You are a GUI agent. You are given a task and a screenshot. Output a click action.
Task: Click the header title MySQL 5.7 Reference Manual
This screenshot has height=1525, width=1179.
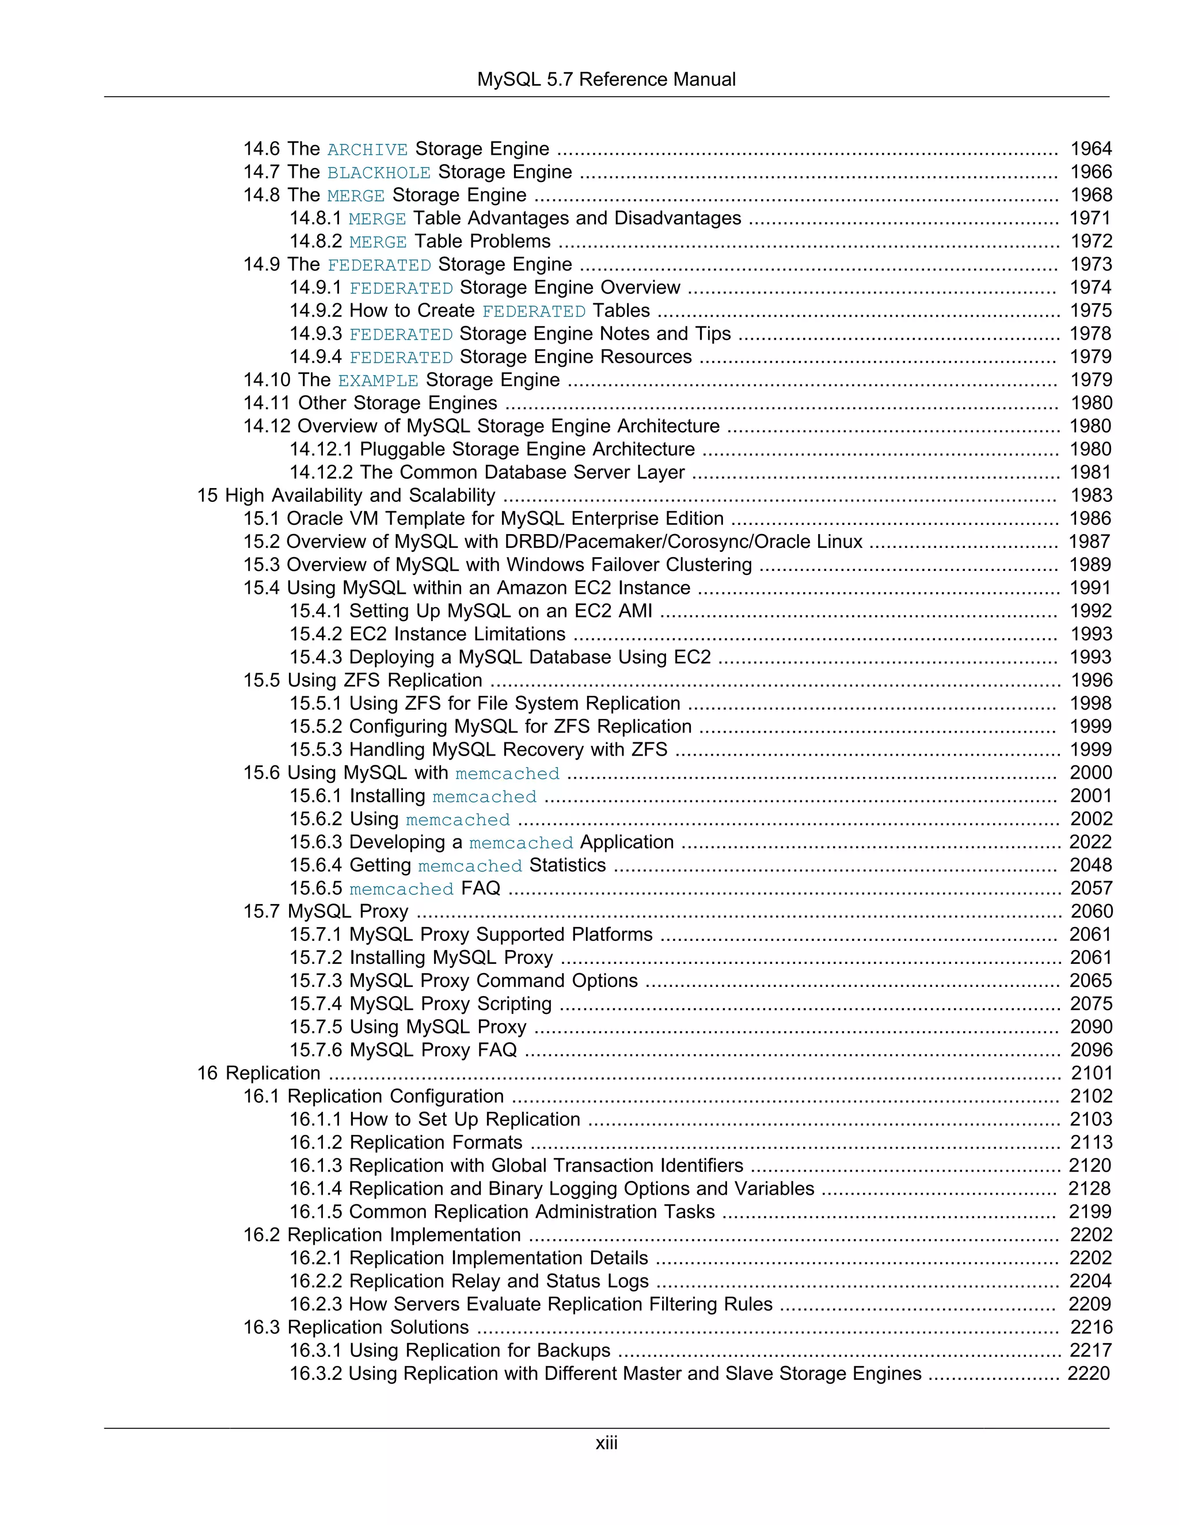pyautogui.click(x=606, y=79)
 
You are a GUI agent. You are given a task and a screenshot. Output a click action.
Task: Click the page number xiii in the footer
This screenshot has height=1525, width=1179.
pyautogui.click(x=606, y=1443)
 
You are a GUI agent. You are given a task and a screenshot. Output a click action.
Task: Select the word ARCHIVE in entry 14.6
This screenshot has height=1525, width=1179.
pyautogui.click(x=367, y=150)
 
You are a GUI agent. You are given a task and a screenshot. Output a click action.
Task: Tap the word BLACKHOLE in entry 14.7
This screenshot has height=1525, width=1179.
pyautogui.click(x=379, y=173)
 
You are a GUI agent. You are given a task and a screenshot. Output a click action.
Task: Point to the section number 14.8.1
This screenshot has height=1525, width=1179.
pyautogui.click(x=315, y=219)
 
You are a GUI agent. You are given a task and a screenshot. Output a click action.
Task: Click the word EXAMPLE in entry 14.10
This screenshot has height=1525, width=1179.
pyautogui.click(x=378, y=381)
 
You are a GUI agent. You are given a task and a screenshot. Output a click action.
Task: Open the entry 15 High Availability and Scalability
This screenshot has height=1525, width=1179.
pyautogui.click(x=346, y=495)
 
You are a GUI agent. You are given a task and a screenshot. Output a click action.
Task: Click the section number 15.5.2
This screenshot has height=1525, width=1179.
pyautogui.click(x=315, y=727)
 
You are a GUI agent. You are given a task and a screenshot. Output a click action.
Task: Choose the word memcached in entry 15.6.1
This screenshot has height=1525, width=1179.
pyautogui.click(x=485, y=796)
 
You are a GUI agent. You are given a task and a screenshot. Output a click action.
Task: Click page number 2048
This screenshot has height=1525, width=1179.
pyautogui.click(x=1090, y=865)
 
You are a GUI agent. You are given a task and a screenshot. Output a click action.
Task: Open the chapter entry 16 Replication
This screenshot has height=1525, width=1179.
pyautogui.click(x=258, y=1073)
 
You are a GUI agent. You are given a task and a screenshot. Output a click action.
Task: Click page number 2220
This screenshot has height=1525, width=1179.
pyautogui.click(x=1089, y=1374)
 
